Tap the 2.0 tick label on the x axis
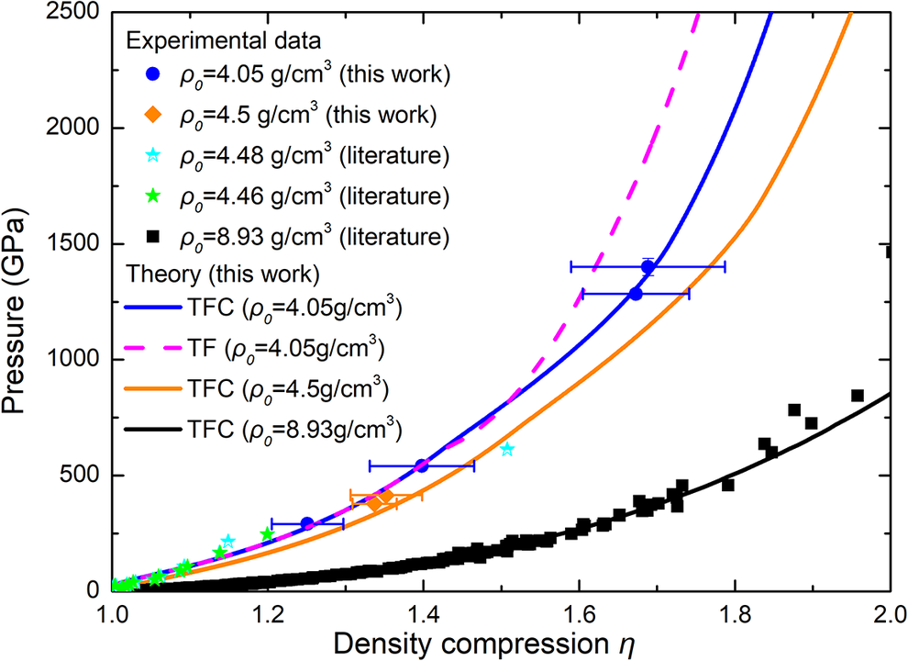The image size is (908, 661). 886,611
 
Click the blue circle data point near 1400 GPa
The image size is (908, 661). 648,266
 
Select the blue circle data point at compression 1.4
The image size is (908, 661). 422,465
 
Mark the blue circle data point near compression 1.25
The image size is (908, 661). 307,523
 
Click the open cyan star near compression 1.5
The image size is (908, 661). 507,449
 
